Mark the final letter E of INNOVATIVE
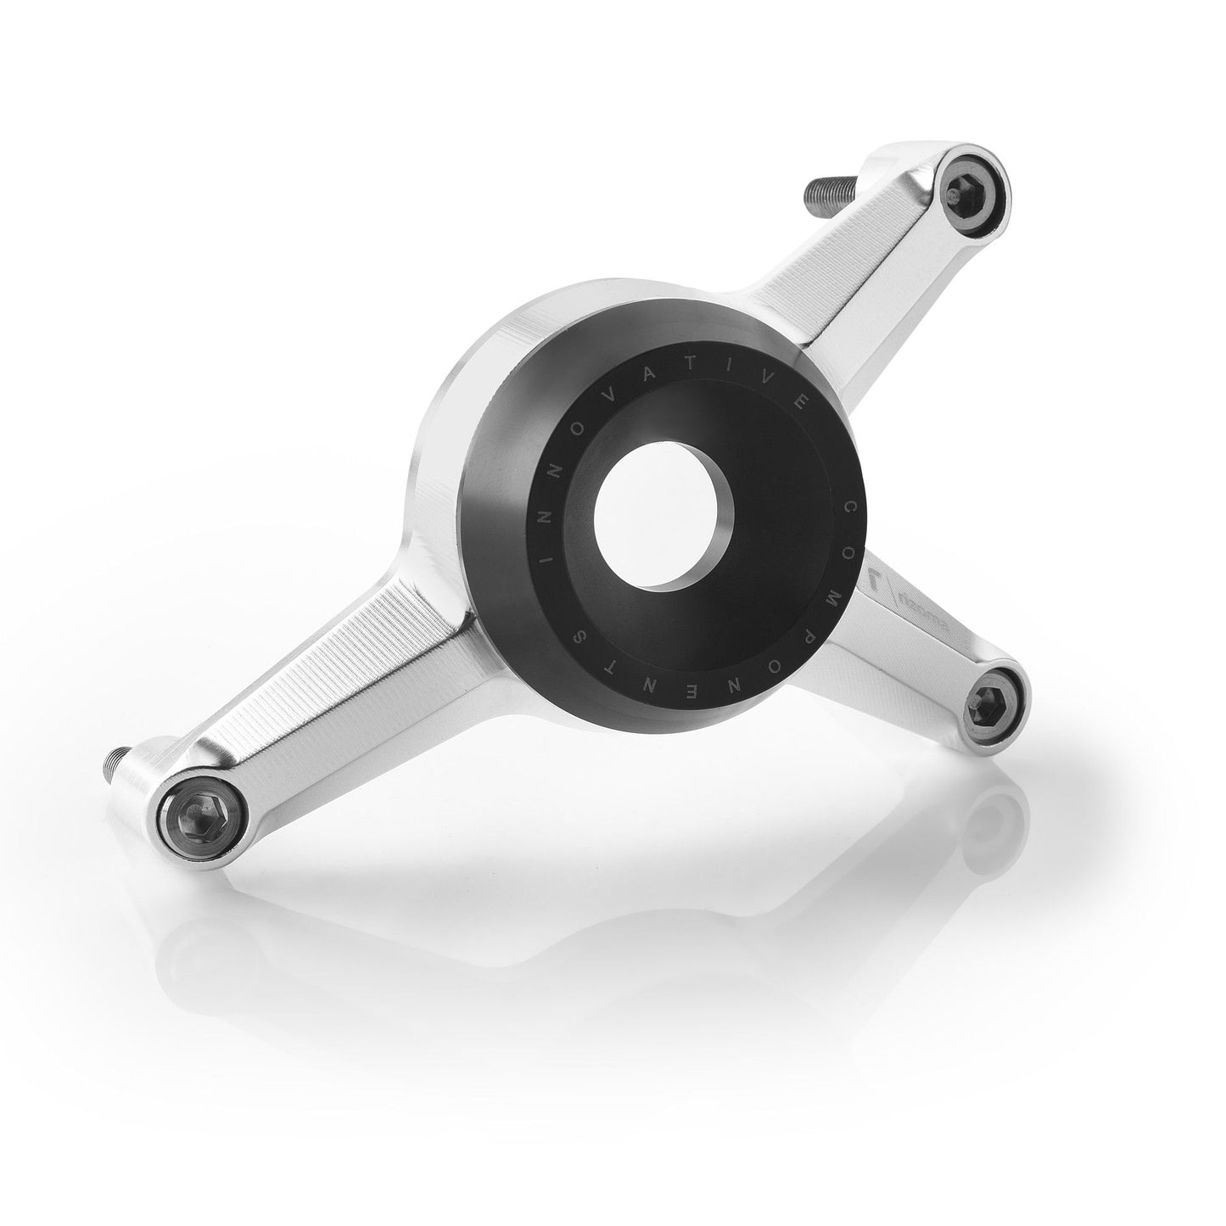pyautogui.click(x=740, y=398)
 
